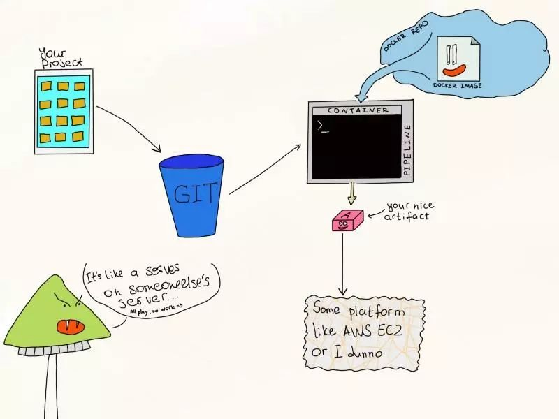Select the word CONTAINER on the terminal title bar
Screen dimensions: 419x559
pos(358,110)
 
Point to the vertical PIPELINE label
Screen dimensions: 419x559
pos(408,150)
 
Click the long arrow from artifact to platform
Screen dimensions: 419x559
pos(342,265)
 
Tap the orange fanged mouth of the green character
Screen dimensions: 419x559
pos(67,325)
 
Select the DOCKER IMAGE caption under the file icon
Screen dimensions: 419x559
pos(457,86)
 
